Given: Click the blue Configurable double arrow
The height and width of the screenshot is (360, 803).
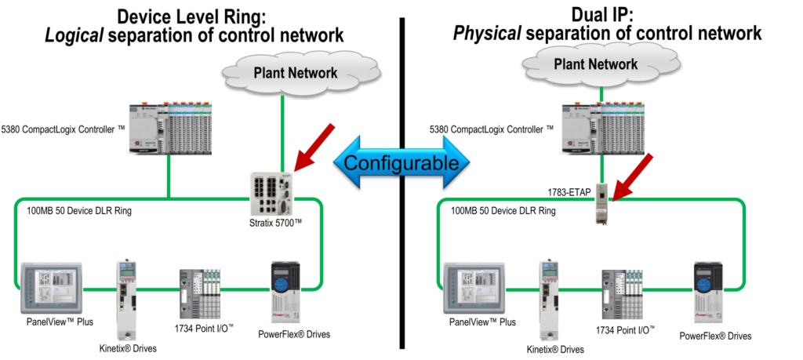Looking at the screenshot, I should [x=401, y=163].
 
